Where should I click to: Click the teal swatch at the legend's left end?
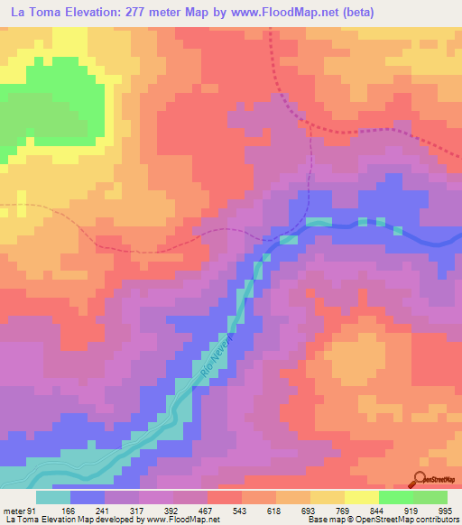(53, 497)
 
